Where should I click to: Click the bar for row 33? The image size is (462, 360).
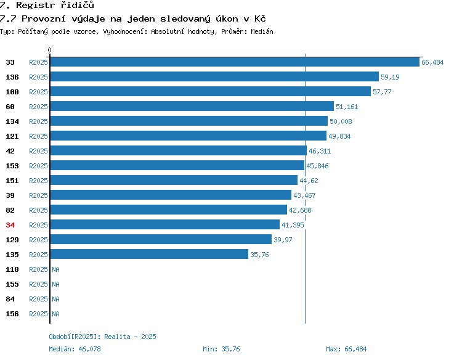tap(235, 62)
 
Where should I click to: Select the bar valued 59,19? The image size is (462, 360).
tap(214, 76)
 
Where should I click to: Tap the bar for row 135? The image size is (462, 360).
tap(150, 254)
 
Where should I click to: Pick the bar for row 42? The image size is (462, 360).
tap(179, 150)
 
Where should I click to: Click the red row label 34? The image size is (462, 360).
tap(10, 225)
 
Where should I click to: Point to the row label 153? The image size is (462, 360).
tap(12, 166)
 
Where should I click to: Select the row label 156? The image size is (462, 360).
tap(12, 314)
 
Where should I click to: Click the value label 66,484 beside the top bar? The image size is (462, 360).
tap(432, 62)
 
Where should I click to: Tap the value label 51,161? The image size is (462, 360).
tap(347, 107)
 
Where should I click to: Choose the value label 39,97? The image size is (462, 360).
tap(283, 240)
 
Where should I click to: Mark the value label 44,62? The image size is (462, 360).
tap(309, 181)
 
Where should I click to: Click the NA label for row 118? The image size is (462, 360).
tap(55, 269)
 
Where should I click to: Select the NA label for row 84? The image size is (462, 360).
tap(55, 299)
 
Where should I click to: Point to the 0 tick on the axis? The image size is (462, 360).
tap(49, 50)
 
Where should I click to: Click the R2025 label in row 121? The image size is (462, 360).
tap(38, 136)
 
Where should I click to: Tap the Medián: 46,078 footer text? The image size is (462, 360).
tap(75, 349)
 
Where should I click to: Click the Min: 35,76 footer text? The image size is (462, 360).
tap(221, 349)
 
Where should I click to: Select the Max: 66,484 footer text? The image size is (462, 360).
tap(346, 349)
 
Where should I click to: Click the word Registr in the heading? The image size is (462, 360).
tap(35, 5)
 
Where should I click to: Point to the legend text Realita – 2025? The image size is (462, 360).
tap(130, 337)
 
